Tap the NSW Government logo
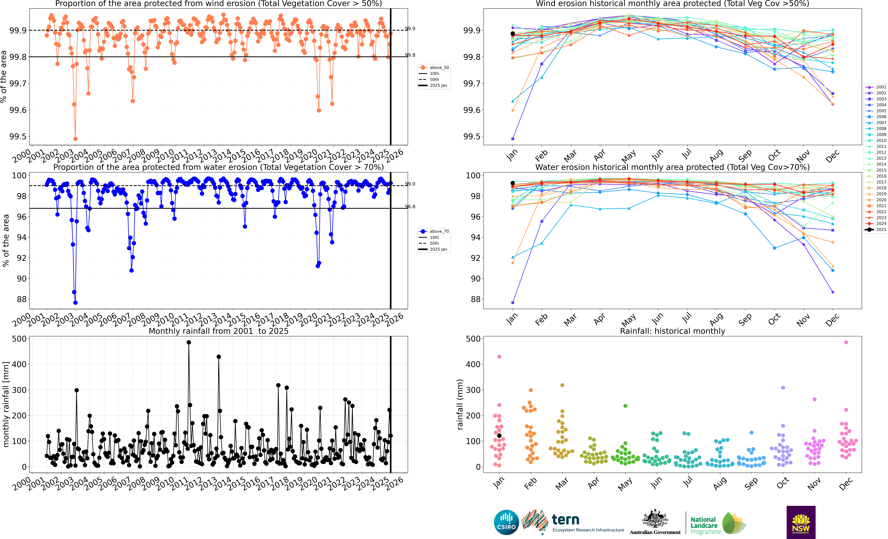pyautogui.click(x=801, y=522)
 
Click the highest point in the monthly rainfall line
pyautogui.click(x=189, y=342)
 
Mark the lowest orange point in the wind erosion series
pyautogui.click(x=75, y=139)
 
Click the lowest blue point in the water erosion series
pyautogui.click(x=75, y=303)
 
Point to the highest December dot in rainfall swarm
pyautogui.click(x=846, y=342)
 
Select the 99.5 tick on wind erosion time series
pyautogui.click(x=18, y=137)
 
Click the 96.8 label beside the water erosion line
pyautogui.click(x=410, y=207)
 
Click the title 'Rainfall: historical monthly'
pyautogui.click(x=673, y=331)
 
